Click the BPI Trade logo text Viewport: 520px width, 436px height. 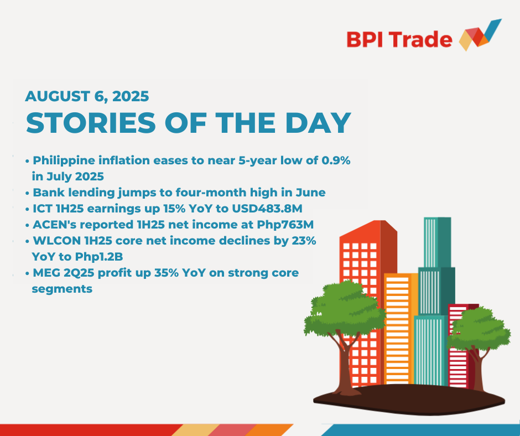click(x=399, y=39)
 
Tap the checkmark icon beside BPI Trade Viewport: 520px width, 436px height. click(x=480, y=35)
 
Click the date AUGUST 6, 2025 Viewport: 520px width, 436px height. click(x=87, y=96)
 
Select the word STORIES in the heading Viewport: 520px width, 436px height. click(x=91, y=123)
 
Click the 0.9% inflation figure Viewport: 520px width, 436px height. click(x=336, y=160)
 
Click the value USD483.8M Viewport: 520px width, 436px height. click(x=267, y=209)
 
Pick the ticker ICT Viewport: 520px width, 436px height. click(x=43, y=209)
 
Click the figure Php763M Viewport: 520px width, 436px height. click(x=285, y=225)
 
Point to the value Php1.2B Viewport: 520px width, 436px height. click(x=99, y=257)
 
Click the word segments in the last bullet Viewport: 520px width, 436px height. click(x=62, y=289)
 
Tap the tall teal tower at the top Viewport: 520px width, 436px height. click(x=437, y=242)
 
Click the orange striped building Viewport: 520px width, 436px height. click(x=401, y=329)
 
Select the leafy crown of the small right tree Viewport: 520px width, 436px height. click(x=477, y=329)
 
